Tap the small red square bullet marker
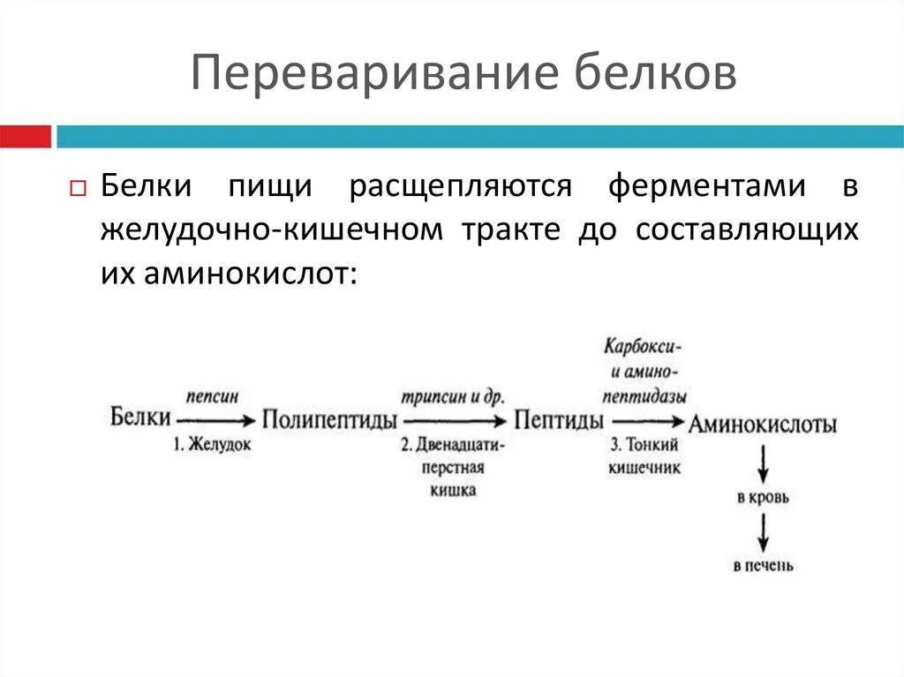pos(77,189)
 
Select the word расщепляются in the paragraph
pos(460,186)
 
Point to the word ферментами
pos(706,186)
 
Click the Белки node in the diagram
pos(140,417)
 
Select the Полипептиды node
pos(329,418)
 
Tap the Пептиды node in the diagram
pos(560,418)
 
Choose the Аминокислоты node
pos(763,424)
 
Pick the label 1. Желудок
pos(212,445)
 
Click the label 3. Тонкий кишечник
pos(644,456)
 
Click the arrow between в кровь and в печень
pos(764,532)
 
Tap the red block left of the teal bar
pos(25,136)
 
